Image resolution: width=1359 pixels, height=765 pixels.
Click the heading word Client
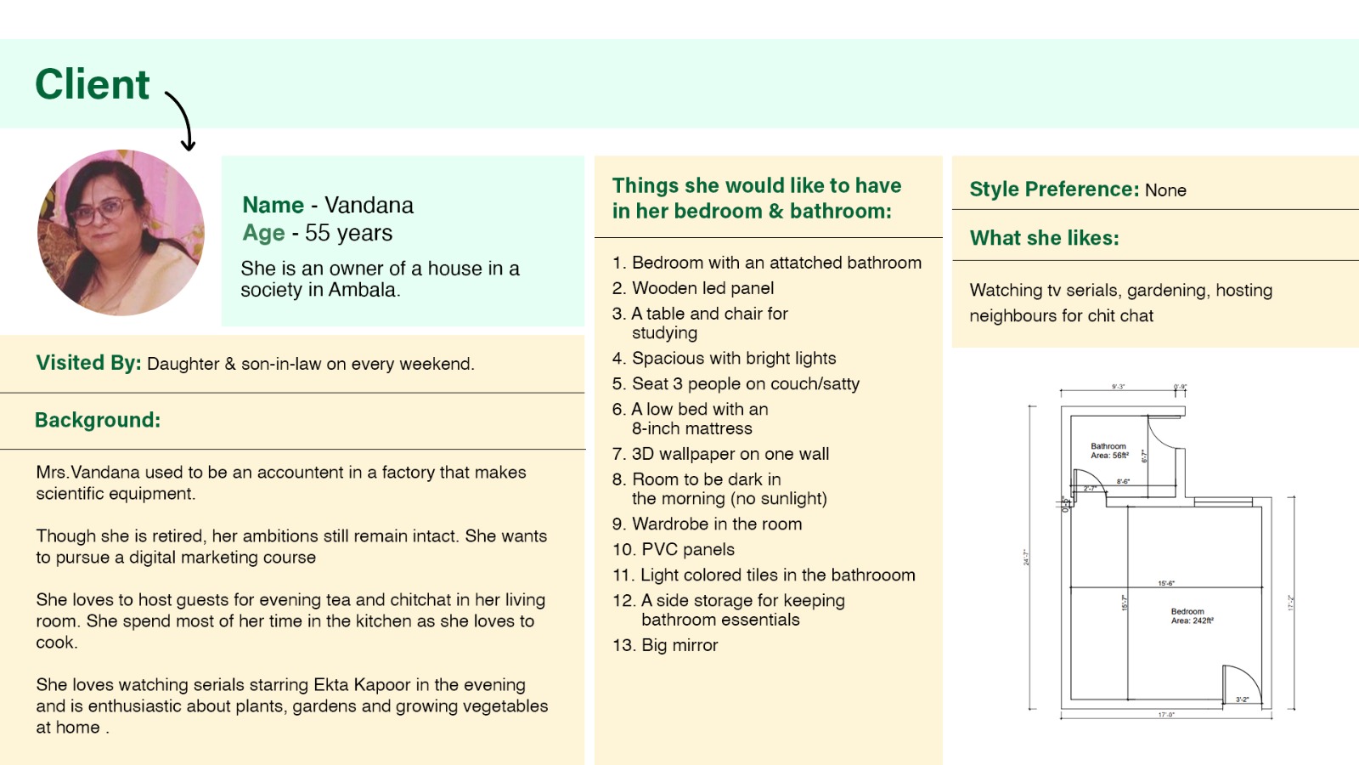[92, 84]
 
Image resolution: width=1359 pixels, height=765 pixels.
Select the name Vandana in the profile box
[369, 205]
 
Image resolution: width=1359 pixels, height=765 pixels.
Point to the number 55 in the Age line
[317, 233]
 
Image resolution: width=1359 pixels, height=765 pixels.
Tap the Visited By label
[88, 363]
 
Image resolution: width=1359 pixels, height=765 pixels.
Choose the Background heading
[98, 420]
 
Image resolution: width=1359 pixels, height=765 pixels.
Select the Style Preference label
[1054, 189]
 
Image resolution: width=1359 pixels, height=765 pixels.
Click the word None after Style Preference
[1165, 190]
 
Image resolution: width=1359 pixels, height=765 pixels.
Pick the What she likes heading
[1045, 238]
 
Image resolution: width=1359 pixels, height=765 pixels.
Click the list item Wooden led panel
[702, 288]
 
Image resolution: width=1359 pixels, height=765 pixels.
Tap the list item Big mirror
[679, 645]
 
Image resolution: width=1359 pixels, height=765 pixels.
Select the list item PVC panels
[687, 549]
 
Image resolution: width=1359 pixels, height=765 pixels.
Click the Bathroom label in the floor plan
[1108, 446]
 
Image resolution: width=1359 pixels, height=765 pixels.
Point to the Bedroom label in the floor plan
[1187, 611]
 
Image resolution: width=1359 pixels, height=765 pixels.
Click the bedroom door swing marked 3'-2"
[1241, 684]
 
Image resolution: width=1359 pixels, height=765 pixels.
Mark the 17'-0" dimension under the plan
[1166, 715]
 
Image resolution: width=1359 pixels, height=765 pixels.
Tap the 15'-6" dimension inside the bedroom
[1166, 583]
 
